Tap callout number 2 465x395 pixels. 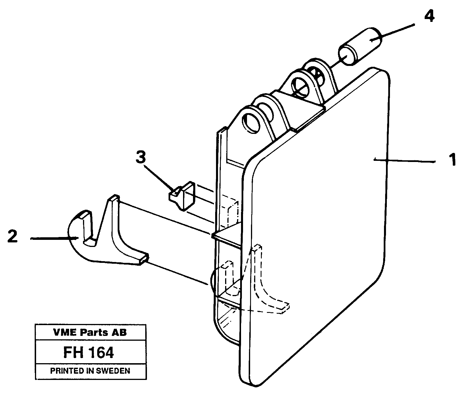(13, 236)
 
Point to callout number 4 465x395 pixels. (429, 17)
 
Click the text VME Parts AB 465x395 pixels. (90, 332)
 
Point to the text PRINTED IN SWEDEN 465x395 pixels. (90, 371)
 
